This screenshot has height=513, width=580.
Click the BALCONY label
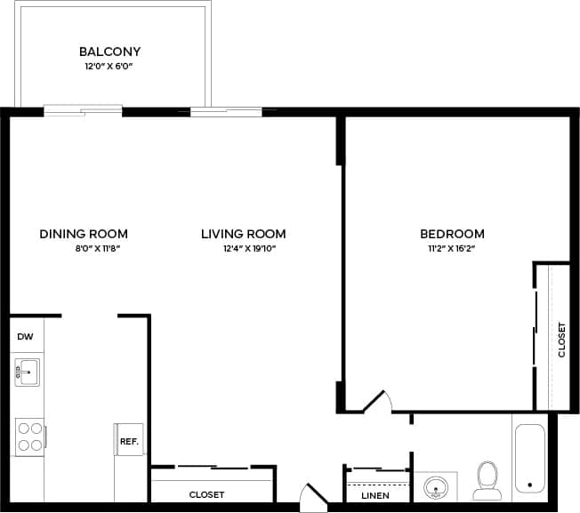click(x=109, y=52)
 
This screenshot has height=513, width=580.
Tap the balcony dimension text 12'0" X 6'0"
click(x=109, y=67)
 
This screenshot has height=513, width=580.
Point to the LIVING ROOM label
click(x=243, y=234)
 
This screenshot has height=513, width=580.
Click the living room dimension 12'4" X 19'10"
click(x=249, y=249)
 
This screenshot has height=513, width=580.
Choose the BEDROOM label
click(x=452, y=234)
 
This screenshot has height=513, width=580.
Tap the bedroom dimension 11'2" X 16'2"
click(x=452, y=249)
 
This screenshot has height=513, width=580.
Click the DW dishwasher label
click(x=25, y=337)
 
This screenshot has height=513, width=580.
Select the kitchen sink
click(x=27, y=372)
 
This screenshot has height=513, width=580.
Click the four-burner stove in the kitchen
click(x=29, y=436)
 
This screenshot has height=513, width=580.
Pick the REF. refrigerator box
click(x=129, y=440)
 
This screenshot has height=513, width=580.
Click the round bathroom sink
click(x=436, y=487)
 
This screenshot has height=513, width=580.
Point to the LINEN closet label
click(x=375, y=495)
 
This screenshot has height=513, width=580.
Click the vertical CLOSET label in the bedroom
click(x=561, y=340)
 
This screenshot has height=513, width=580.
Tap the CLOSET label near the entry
click(x=206, y=494)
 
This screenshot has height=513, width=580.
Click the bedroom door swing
click(x=377, y=402)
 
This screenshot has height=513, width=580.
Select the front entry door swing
click(x=314, y=498)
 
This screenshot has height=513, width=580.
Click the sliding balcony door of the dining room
click(x=83, y=111)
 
